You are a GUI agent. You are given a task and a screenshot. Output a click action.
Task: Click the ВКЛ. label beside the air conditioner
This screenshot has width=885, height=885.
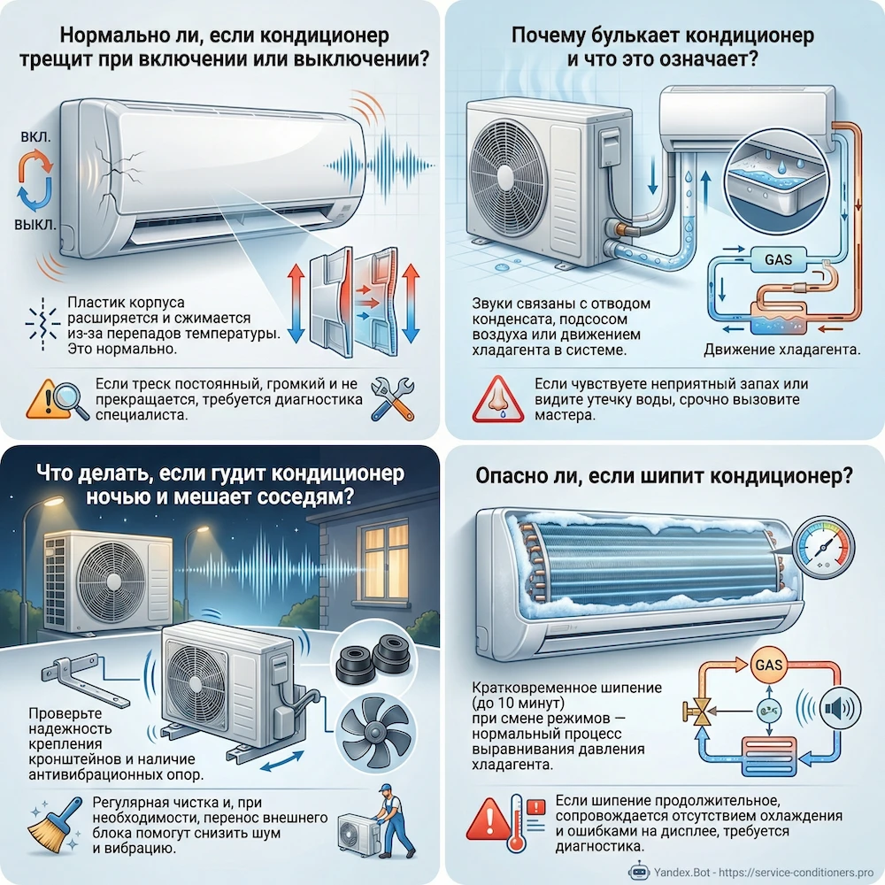pyautogui.click(x=35, y=137)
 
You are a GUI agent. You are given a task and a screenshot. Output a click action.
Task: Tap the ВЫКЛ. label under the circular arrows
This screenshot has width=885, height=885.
pyautogui.click(x=35, y=225)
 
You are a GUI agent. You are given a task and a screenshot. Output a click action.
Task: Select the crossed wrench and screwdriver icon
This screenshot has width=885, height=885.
pyautogui.click(x=393, y=399)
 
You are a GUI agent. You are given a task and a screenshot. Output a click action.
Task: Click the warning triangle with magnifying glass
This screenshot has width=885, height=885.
pyautogui.click(x=57, y=400)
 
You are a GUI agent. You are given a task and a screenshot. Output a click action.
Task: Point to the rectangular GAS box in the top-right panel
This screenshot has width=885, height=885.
pyautogui.click(x=778, y=259)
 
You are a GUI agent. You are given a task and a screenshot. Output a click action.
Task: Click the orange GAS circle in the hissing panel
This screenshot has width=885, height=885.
pyautogui.click(x=769, y=665)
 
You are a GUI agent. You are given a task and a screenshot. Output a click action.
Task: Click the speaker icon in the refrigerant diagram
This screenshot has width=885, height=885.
pyautogui.click(x=839, y=708)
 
